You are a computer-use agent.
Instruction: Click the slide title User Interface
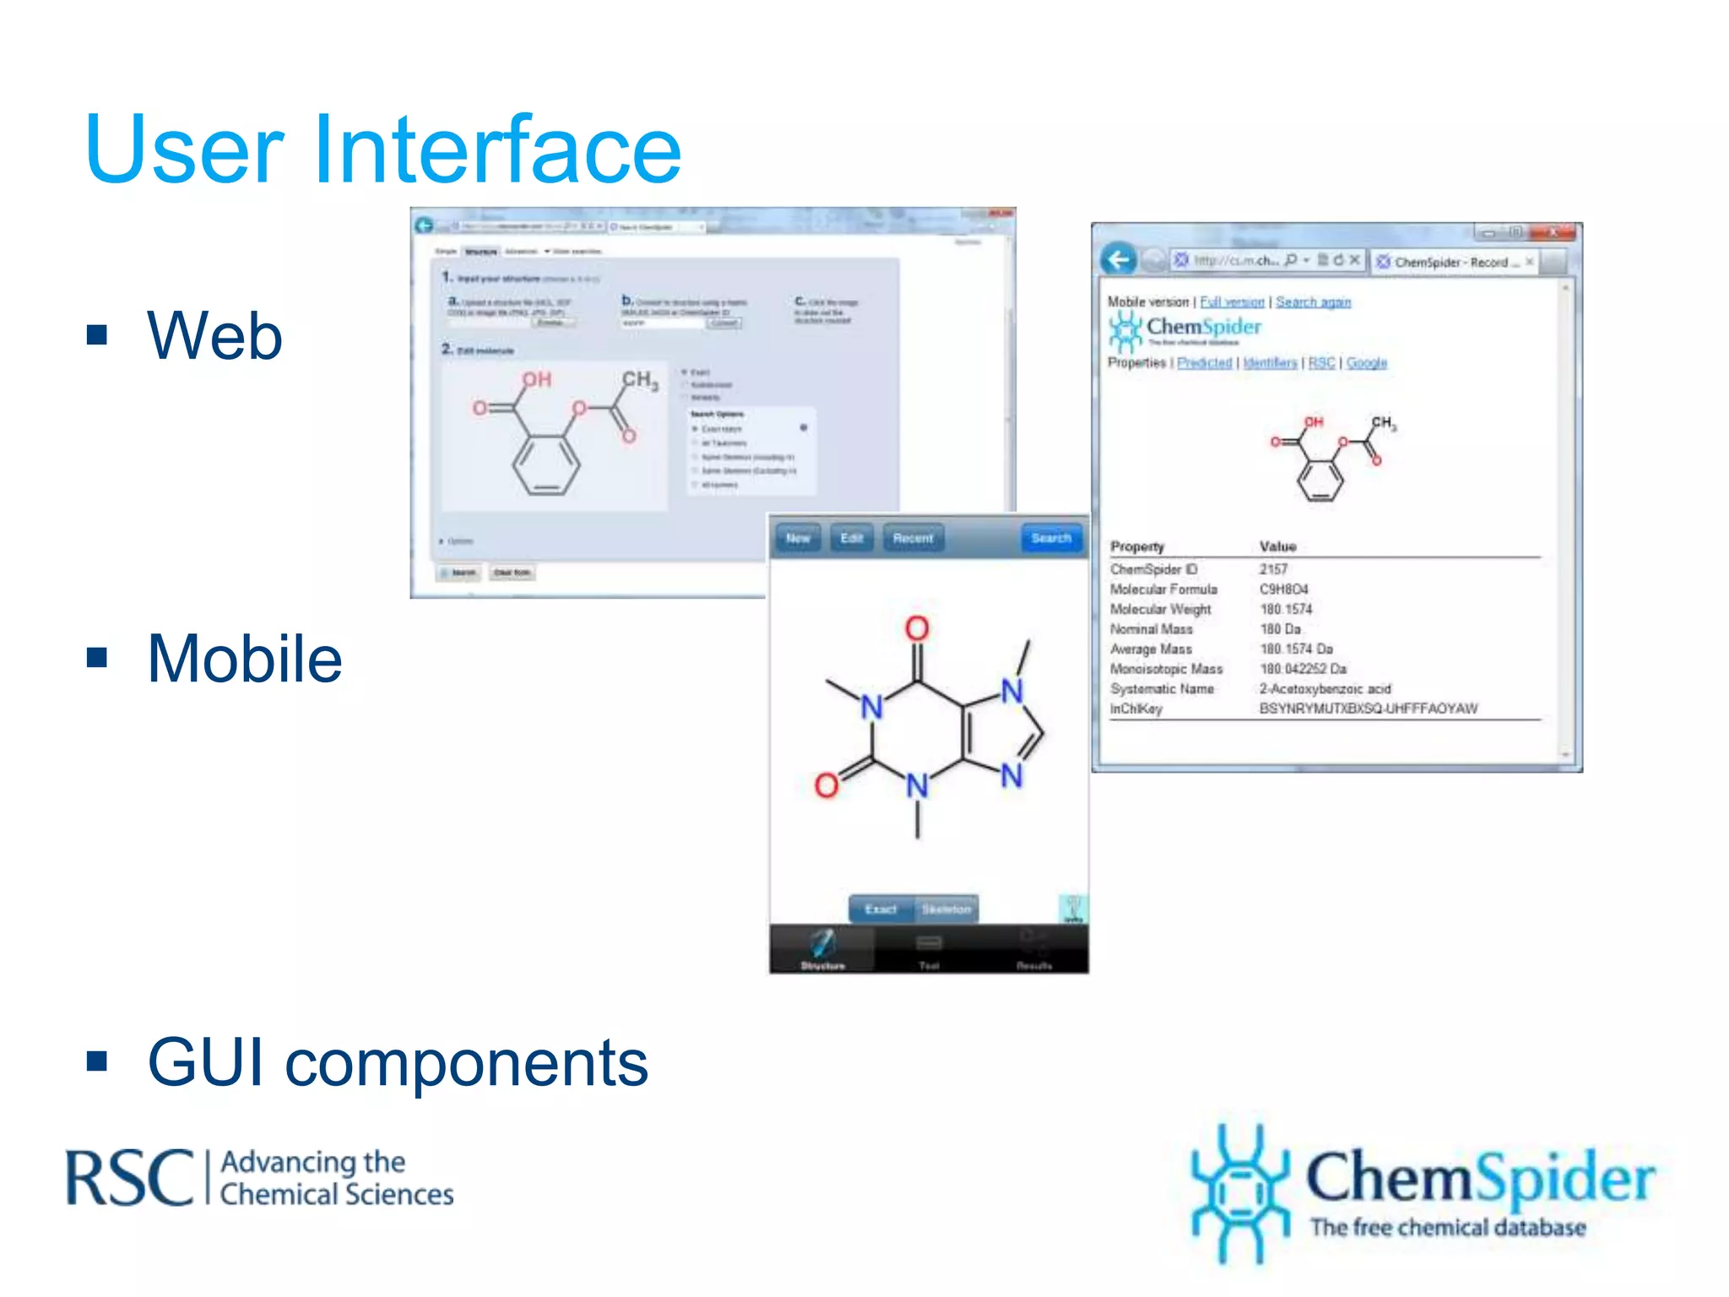[382, 149]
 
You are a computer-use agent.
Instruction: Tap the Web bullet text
[214, 335]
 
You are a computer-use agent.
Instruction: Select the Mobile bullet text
[245, 659]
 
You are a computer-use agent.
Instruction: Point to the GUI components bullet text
[398, 1062]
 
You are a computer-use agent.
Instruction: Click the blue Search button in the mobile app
[1050, 538]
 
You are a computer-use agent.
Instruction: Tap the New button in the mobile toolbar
[798, 538]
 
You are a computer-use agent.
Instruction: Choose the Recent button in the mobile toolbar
[913, 538]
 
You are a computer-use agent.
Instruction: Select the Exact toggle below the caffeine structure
[881, 909]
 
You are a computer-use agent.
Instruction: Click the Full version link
[1232, 302]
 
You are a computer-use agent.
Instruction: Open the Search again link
[1313, 302]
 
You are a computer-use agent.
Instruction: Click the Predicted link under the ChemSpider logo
[1204, 363]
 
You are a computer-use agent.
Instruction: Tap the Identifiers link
[1270, 363]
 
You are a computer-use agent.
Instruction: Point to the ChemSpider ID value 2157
[1273, 569]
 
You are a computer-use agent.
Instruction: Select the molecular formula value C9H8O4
[1283, 589]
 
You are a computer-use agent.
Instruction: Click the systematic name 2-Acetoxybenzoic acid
[1325, 689]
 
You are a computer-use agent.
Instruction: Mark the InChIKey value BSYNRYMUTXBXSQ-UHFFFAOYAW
[1368, 708]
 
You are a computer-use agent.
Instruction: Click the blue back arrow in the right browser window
[1119, 260]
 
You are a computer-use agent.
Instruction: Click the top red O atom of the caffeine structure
[917, 628]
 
